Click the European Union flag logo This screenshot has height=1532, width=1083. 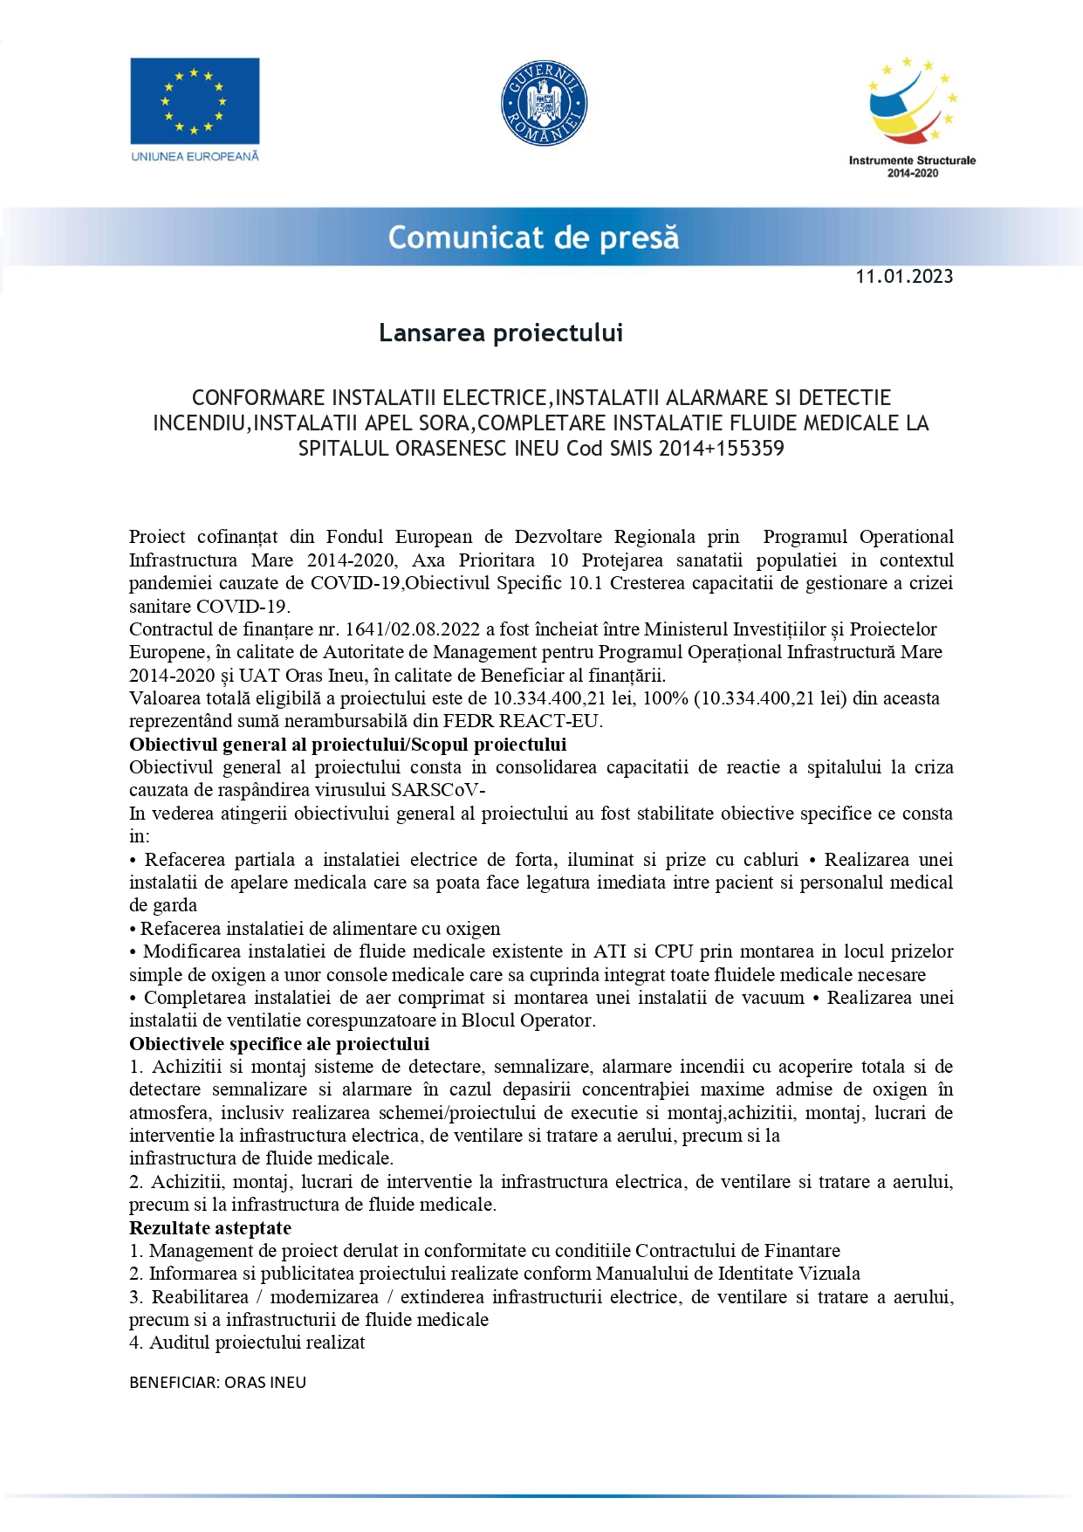click(195, 100)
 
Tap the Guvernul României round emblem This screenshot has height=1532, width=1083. click(544, 104)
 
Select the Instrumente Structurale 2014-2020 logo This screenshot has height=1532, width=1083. click(912, 115)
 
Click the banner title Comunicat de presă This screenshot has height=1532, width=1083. click(533, 237)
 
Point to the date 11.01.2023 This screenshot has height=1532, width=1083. click(904, 277)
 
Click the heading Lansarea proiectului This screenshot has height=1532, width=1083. click(501, 333)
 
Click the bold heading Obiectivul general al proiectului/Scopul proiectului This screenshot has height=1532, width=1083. click(347, 745)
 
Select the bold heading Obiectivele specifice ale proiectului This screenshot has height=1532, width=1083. click(279, 1044)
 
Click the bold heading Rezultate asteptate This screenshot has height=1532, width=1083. click(210, 1228)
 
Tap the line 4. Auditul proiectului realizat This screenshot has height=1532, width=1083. click(247, 1343)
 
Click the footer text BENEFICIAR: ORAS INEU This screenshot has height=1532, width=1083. click(217, 1383)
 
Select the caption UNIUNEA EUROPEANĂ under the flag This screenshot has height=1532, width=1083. click(195, 156)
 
